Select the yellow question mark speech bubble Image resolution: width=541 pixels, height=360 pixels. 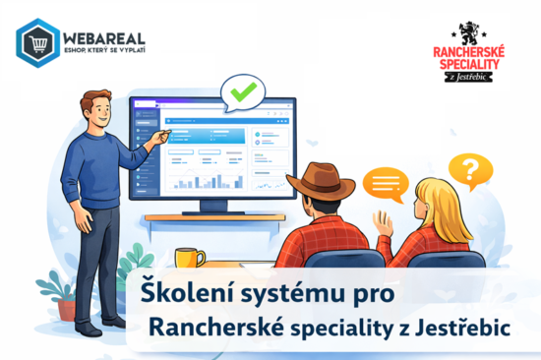click(470, 170)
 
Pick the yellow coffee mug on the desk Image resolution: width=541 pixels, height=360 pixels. click(188, 258)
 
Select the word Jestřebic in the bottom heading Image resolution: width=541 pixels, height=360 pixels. click(468, 328)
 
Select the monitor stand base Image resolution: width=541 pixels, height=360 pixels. click(212, 217)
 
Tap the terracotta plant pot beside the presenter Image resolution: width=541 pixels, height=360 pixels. click(68, 309)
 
